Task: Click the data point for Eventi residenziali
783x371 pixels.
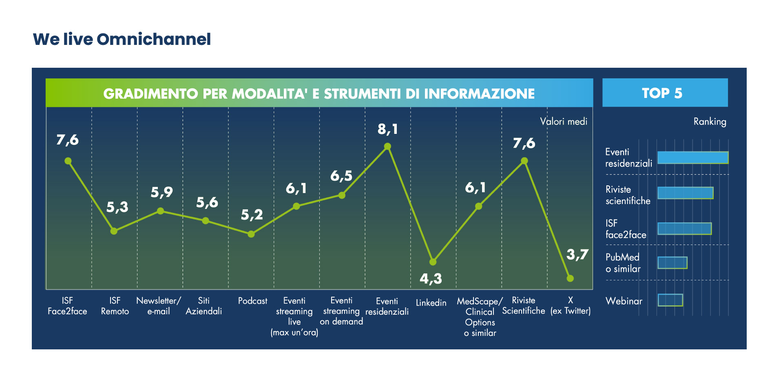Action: tap(387, 146)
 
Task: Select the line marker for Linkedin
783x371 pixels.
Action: tap(433, 262)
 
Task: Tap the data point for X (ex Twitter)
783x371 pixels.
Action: tap(570, 278)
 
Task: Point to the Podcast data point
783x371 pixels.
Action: tap(251, 234)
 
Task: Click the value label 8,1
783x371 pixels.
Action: tap(387, 129)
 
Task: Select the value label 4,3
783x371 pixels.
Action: tap(431, 279)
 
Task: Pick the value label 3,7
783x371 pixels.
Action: tap(577, 255)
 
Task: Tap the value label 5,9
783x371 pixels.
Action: tap(162, 192)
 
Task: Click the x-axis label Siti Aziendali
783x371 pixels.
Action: tap(204, 306)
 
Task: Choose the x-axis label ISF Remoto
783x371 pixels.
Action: tap(115, 306)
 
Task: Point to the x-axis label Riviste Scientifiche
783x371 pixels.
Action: tap(524, 306)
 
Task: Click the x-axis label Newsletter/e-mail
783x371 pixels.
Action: tap(159, 306)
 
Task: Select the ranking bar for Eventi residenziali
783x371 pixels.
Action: tap(692, 158)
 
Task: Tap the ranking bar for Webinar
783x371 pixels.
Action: tap(670, 300)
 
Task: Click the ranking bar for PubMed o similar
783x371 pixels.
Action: tap(672, 262)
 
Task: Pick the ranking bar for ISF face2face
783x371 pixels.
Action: tap(684, 229)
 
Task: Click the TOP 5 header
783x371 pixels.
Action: tap(665, 93)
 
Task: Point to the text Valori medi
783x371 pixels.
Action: tap(564, 121)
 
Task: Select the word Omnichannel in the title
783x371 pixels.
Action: tap(154, 39)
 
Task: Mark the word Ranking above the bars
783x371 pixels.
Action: tap(710, 122)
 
